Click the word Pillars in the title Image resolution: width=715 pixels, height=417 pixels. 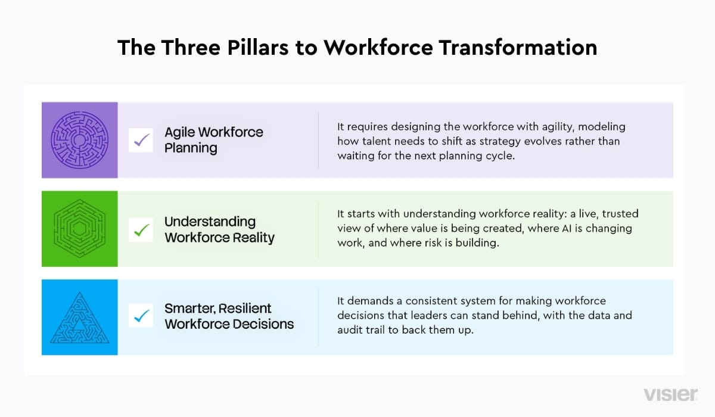(258, 48)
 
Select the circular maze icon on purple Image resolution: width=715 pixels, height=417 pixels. (79, 140)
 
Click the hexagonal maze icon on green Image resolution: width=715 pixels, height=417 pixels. (79, 228)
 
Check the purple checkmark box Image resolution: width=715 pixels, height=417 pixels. (141, 140)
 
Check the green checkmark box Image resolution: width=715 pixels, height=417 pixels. (141, 230)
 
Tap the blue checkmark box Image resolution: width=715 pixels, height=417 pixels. (141, 316)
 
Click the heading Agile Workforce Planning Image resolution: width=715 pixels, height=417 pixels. (213, 140)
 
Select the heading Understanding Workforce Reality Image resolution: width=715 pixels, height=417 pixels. (219, 230)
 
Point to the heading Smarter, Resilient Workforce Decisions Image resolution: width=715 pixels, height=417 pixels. (229, 316)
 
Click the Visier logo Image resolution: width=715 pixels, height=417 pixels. (670, 395)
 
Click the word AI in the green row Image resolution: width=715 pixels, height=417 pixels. (567, 228)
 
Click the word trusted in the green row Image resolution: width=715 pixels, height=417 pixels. (620, 214)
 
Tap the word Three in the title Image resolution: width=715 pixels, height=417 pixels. (191, 48)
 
